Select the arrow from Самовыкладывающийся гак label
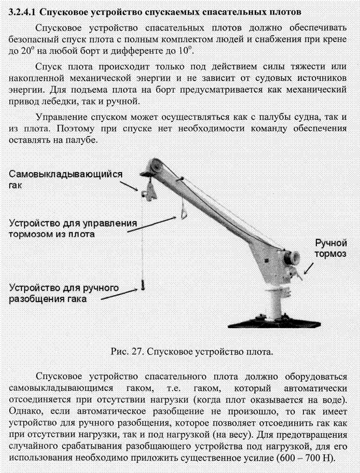(x=130, y=187)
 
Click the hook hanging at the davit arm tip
(x=147, y=191)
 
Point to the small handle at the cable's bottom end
(x=142, y=284)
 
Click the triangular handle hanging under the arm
(x=184, y=214)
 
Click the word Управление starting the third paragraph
(x=63, y=116)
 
